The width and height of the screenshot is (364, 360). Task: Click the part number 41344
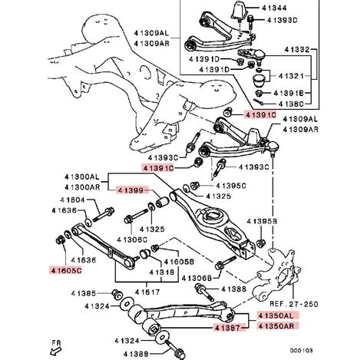click(274, 8)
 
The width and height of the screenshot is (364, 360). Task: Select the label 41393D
click(282, 20)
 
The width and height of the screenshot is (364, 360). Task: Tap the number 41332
click(297, 49)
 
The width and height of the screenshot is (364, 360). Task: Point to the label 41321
click(290, 76)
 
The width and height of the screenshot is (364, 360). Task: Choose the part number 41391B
click(289, 93)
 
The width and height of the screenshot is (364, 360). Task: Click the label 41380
click(291, 104)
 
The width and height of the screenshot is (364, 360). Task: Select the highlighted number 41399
click(132, 190)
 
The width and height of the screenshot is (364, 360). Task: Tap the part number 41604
click(72, 200)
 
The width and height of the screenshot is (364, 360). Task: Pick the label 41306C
click(132, 239)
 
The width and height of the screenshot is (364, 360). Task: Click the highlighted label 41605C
click(66, 270)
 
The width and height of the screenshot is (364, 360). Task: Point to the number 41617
click(147, 292)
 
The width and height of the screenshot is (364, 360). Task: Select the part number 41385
click(84, 293)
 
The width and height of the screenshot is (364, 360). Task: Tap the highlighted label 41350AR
click(279, 326)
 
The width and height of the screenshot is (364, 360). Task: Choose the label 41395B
click(262, 221)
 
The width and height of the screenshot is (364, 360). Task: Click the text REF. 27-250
click(294, 304)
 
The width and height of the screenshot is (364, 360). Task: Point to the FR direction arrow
click(56, 352)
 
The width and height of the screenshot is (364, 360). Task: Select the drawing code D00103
click(301, 350)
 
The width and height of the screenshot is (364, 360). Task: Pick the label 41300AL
click(81, 177)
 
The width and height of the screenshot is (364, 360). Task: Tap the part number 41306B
click(197, 278)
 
